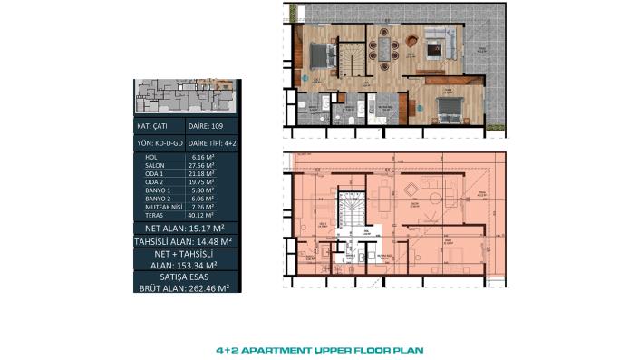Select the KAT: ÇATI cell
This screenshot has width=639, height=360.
(157, 125)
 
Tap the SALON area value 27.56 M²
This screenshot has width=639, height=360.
(202, 166)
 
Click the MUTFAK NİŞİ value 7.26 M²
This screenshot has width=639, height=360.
(202, 207)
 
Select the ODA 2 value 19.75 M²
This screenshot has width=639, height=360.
(202, 182)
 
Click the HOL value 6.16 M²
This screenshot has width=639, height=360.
(202, 158)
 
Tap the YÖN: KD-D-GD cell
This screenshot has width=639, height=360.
(159, 143)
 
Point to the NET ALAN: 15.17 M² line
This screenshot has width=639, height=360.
(185, 229)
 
